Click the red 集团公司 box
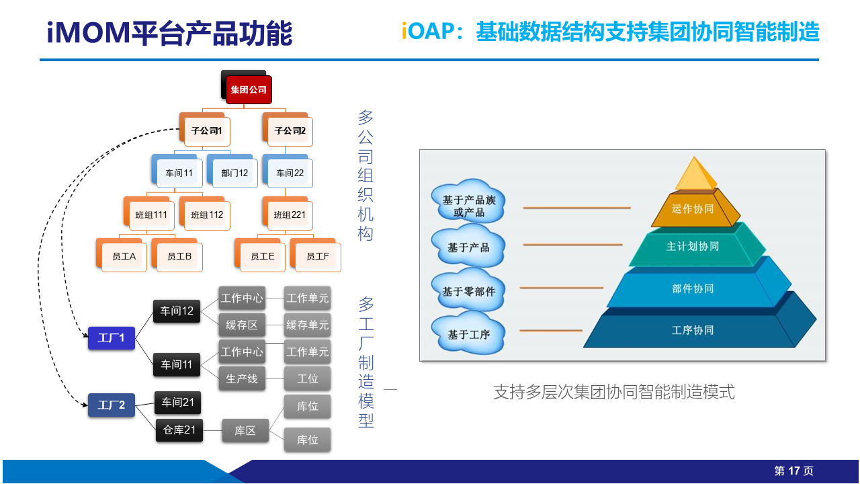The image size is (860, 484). pyautogui.click(x=249, y=89)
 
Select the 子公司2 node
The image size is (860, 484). pyautogui.click(x=290, y=131)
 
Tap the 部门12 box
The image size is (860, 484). pyautogui.click(x=234, y=173)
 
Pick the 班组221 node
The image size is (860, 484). pyautogui.click(x=290, y=214)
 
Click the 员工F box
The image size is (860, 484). pyautogui.click(x=318, y=257)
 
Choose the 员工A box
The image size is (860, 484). pyautogui.click(x=124, y=257)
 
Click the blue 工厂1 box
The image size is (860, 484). pyautogui.click(x=112, y=338)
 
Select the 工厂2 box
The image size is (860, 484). pyautogui.click(x=112, y=405)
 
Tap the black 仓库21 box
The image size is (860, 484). pyautogui.click(x=179, y=430)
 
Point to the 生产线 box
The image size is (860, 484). pyautogui.click(x=242, y=378)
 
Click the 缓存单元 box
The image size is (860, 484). pyautogui.click(x=308, y=325)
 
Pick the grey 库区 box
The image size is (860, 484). pyautogui.click(x=245, y=430)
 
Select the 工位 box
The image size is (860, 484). pyautogui.click(x=308, y=378)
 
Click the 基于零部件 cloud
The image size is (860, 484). pyautogui.click(x=468, y=291)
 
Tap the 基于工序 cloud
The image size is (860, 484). pyautogui.click(x=468, y=334)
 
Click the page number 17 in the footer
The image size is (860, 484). pyautogui.click(x=793, y=471)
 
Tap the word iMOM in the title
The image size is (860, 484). pyautogui.click(x=89, y=33)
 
